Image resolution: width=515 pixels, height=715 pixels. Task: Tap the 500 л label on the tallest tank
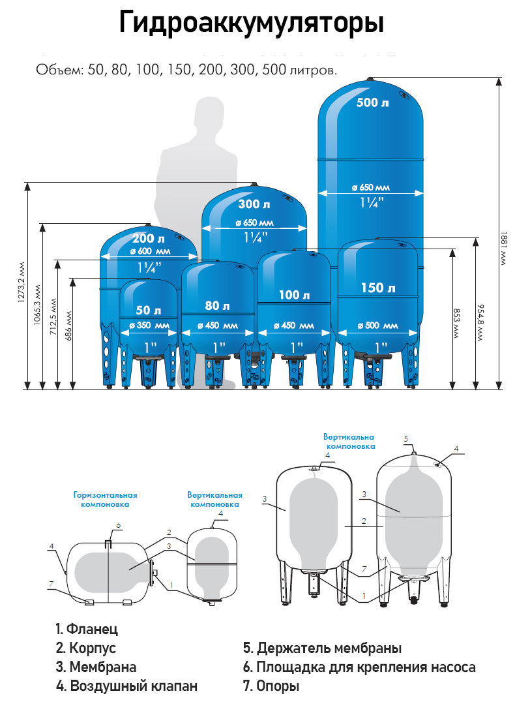point(372,102)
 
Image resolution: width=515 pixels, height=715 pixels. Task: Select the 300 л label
point(254,204)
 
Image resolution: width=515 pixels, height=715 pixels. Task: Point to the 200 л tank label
point(149,239)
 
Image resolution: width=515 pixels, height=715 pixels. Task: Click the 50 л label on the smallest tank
point(149,310)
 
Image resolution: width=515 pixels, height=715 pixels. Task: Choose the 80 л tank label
point(217,305)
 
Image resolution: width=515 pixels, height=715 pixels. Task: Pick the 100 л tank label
point(294,295)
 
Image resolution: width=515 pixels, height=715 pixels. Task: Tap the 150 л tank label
point(378,288)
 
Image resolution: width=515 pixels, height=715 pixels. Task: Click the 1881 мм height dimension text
point(503,249)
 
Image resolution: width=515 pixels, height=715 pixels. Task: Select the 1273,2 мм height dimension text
point(21,282)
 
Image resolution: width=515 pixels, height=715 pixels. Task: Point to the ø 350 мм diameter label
point(149,326)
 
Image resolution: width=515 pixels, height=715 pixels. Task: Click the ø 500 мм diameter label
point(378,326)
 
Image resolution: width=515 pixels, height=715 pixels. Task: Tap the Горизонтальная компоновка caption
point(105,499)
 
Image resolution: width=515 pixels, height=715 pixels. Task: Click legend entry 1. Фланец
point(87,629)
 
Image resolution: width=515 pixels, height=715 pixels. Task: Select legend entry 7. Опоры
point(271,686)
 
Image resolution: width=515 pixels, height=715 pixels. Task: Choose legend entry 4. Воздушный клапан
point(126,686)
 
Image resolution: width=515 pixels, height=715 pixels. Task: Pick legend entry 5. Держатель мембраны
point(322,648)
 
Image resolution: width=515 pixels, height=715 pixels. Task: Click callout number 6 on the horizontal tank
point(118,526)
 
